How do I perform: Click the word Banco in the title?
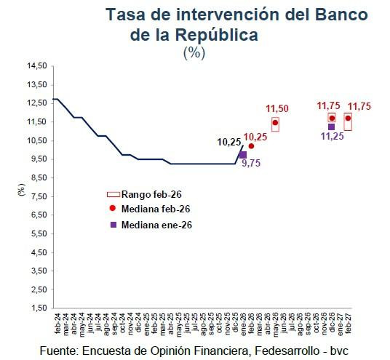coord(340,15)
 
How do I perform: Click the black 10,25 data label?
coord(230,142)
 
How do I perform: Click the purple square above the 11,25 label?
coord(332,127)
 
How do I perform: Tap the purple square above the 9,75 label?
coord(242,155)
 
